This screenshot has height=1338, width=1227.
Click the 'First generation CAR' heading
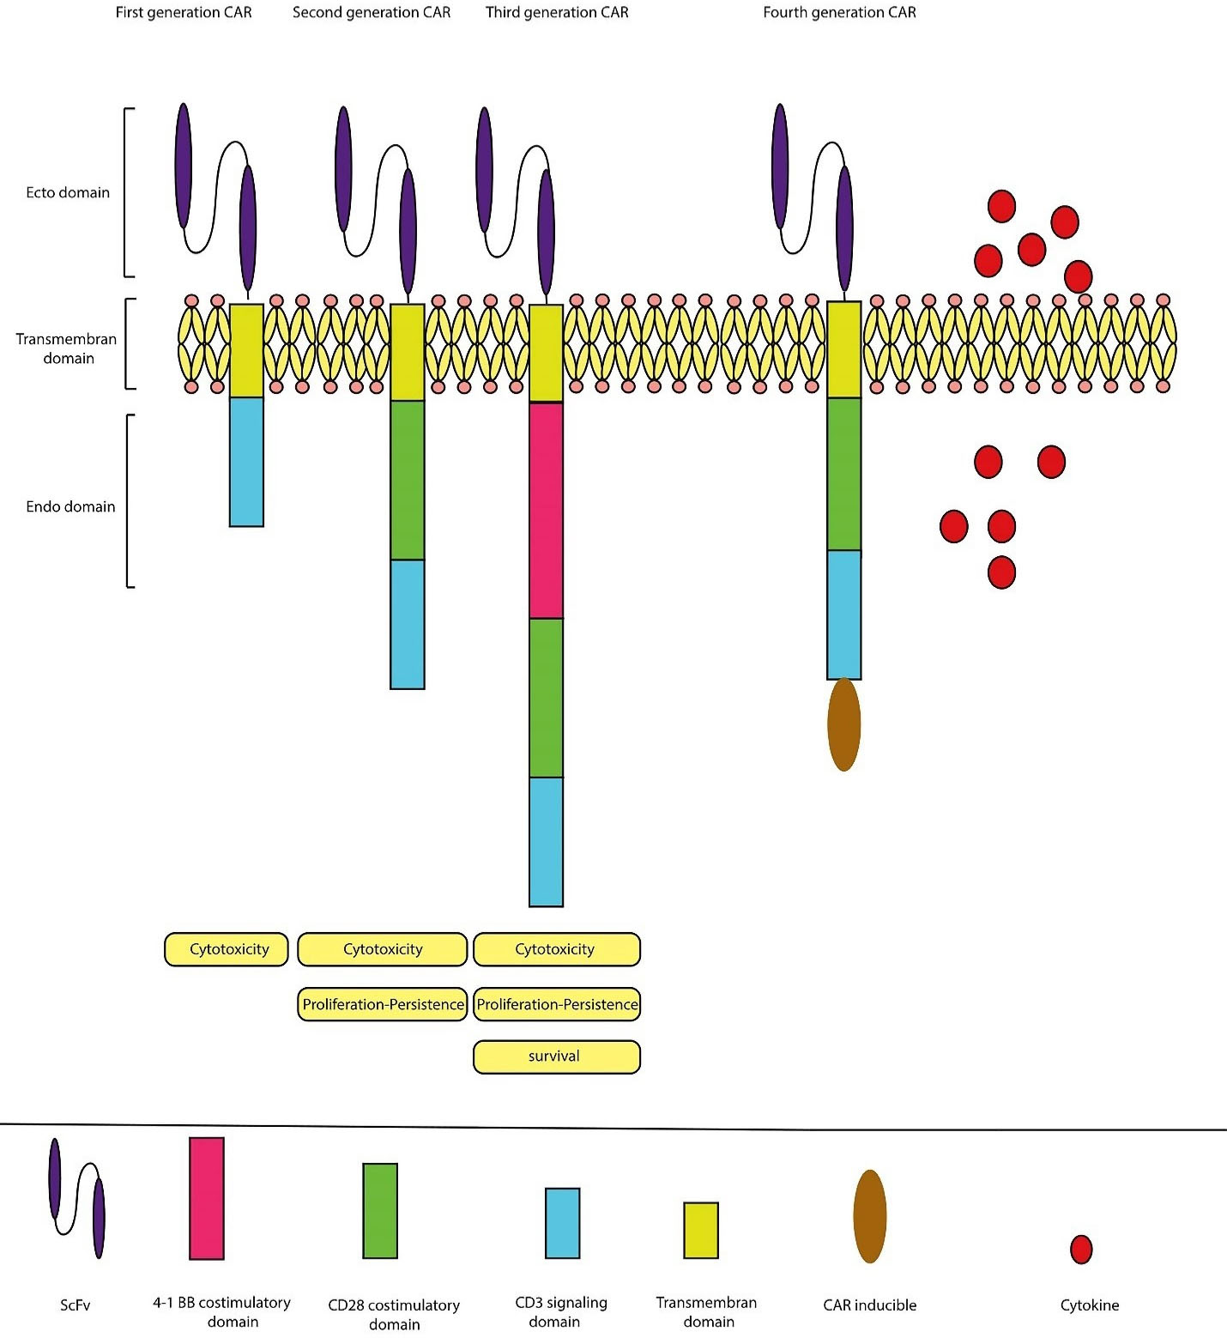coord(184,13)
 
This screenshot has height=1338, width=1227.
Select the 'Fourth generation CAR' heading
coord(839,13)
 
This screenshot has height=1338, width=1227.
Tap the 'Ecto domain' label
coord(68,193)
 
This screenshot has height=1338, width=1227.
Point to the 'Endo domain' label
coord(70,507)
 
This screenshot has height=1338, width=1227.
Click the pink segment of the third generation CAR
coord(546,511)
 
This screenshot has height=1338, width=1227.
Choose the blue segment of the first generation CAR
coord(246,462)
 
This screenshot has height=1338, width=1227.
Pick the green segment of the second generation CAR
coord(408,481)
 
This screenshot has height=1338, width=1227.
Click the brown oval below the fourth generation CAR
coord(843,724)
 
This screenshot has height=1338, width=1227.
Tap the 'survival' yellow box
coord(556,1056)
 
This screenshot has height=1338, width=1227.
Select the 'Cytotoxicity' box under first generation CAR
coord(227,949)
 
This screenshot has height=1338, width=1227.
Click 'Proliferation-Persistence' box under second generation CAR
coord(383,1004)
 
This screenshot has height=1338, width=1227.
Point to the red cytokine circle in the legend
coord(1081,1250)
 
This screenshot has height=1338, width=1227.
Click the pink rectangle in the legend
coord(207,1198)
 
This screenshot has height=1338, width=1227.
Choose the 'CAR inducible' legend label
coord(869,1305)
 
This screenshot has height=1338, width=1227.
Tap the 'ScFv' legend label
coord(76,1305)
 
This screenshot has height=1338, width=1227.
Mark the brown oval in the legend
coord(869,1216)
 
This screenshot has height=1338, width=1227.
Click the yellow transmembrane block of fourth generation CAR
coord(843,349)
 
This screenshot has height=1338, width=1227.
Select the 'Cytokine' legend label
coord(1090,1305)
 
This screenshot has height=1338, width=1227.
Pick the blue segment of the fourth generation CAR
coord(843,615)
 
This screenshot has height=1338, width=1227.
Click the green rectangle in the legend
coord(380,1211)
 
